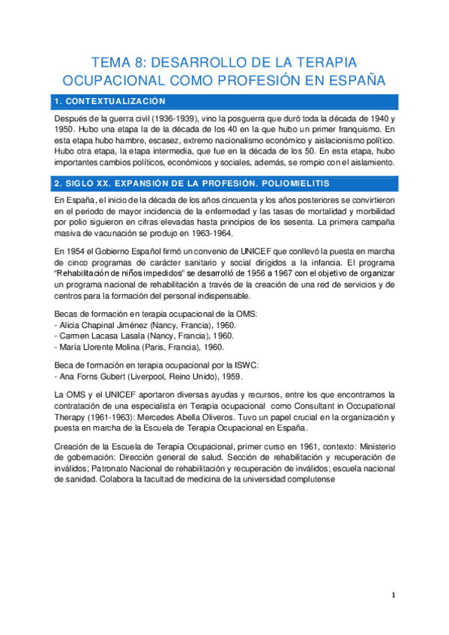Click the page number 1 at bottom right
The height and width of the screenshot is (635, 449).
[394, 595]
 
